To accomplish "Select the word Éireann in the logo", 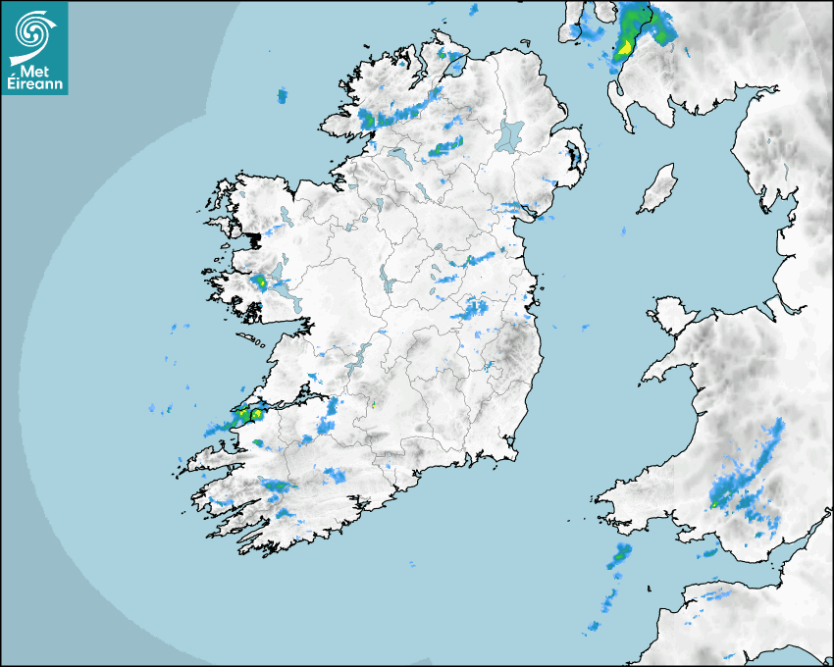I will (x=34, y=84).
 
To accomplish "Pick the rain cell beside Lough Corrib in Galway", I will (x=261, y=282).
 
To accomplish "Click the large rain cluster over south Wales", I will (x=751, y=476).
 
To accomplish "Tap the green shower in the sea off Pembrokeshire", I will (x=620, y=555).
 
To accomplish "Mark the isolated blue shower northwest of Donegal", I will (x=283, y=95).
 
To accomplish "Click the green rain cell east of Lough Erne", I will (x=446, y=148).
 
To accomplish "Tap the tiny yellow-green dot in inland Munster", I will (x=373, y=404).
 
